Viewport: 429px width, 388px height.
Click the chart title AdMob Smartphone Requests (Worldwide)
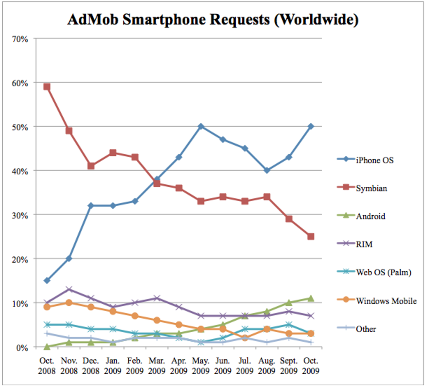coord(213,19)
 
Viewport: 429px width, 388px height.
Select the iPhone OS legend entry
coord(374,160)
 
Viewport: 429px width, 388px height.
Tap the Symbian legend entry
coord(371,188)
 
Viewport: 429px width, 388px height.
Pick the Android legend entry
coord(370,216)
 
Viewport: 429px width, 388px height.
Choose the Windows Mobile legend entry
coord(386,301)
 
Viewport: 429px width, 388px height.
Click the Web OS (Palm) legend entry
coord(383,272)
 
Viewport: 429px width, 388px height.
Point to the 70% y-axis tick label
coord(20,39)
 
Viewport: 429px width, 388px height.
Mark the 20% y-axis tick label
coord(20,260)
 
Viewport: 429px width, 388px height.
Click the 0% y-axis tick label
coord(22,348)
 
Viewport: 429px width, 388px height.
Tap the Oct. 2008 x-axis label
coord(47,366)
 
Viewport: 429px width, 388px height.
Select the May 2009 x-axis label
coord(201,366)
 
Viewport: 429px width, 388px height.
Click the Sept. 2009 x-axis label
coord(289,366)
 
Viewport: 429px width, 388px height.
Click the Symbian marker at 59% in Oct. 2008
coord(47,87)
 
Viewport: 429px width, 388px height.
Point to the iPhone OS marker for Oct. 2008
coord(47,280)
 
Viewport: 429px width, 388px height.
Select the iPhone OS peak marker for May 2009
coord(201,126)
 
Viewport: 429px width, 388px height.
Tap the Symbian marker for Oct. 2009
coord(311,236)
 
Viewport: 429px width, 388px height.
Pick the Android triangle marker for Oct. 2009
coord(311,298)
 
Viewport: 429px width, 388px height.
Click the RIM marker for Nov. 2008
coord(69,289)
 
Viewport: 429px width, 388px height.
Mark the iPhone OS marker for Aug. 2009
coord(267,170)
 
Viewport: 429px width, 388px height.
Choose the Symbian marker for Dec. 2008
coord(91,166)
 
